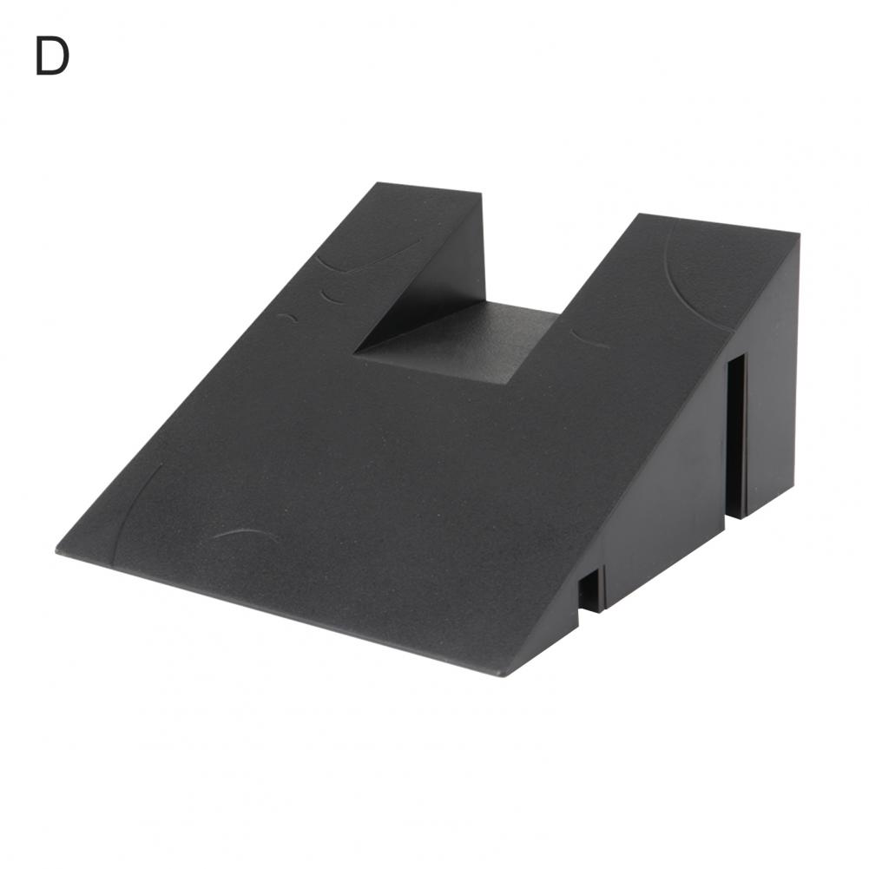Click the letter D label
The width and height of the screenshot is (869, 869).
coord(52,56)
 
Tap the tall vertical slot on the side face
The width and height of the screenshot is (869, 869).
coord(736,436)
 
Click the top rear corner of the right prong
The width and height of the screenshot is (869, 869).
coord(800,234)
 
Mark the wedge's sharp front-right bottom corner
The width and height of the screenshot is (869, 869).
coord(504,675)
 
